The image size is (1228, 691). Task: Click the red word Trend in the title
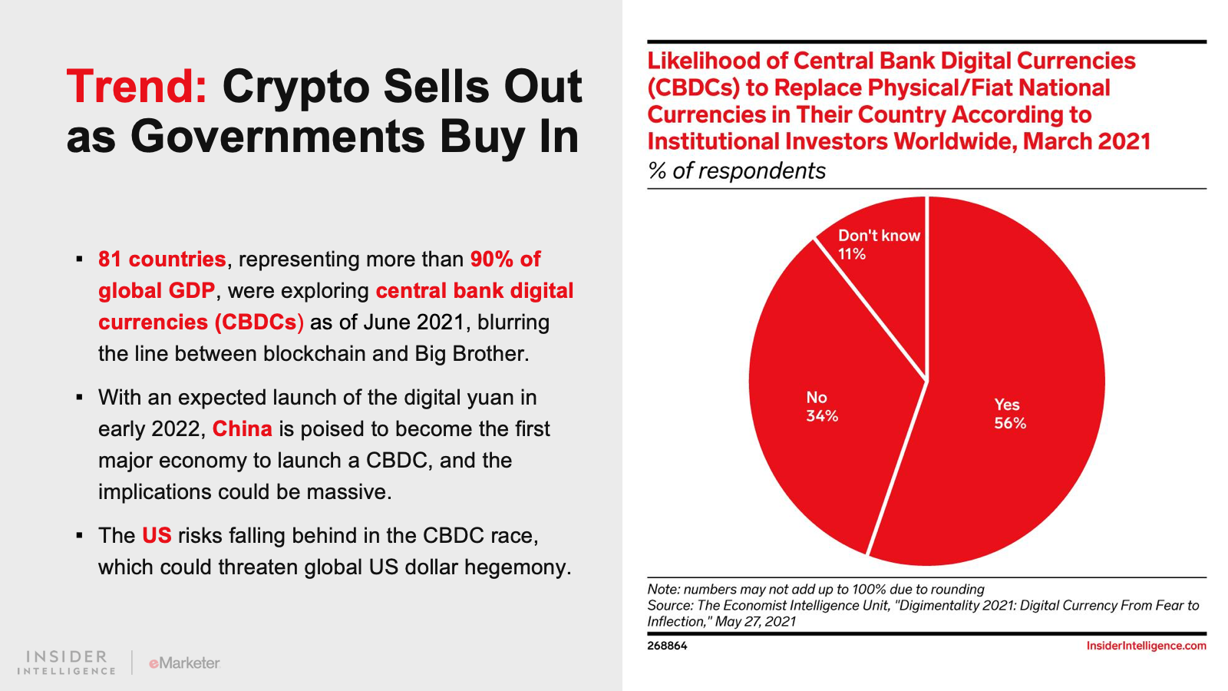[x=136, y=86]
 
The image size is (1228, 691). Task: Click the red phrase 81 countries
[x=162, y=260]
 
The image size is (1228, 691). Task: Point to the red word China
[x=242, y=428]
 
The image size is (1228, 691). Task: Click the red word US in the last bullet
[x=157, y=535]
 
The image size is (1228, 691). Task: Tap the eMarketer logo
[x=184, y=663]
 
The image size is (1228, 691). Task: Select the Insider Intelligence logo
[x=67, y=663]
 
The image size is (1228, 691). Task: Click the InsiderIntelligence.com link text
[x=1146, y=646]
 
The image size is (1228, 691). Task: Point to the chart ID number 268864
[x=667, y=646]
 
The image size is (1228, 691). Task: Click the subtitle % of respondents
[x=736, y=170]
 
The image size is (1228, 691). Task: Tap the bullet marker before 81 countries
[x=79, y=260]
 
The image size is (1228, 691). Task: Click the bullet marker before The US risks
[x=79, y=535]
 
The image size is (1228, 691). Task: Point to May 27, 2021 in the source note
[x=755, y=621]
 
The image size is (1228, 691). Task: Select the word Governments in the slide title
[x=277, y=137]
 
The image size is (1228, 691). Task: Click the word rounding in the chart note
[x=956, y=589]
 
